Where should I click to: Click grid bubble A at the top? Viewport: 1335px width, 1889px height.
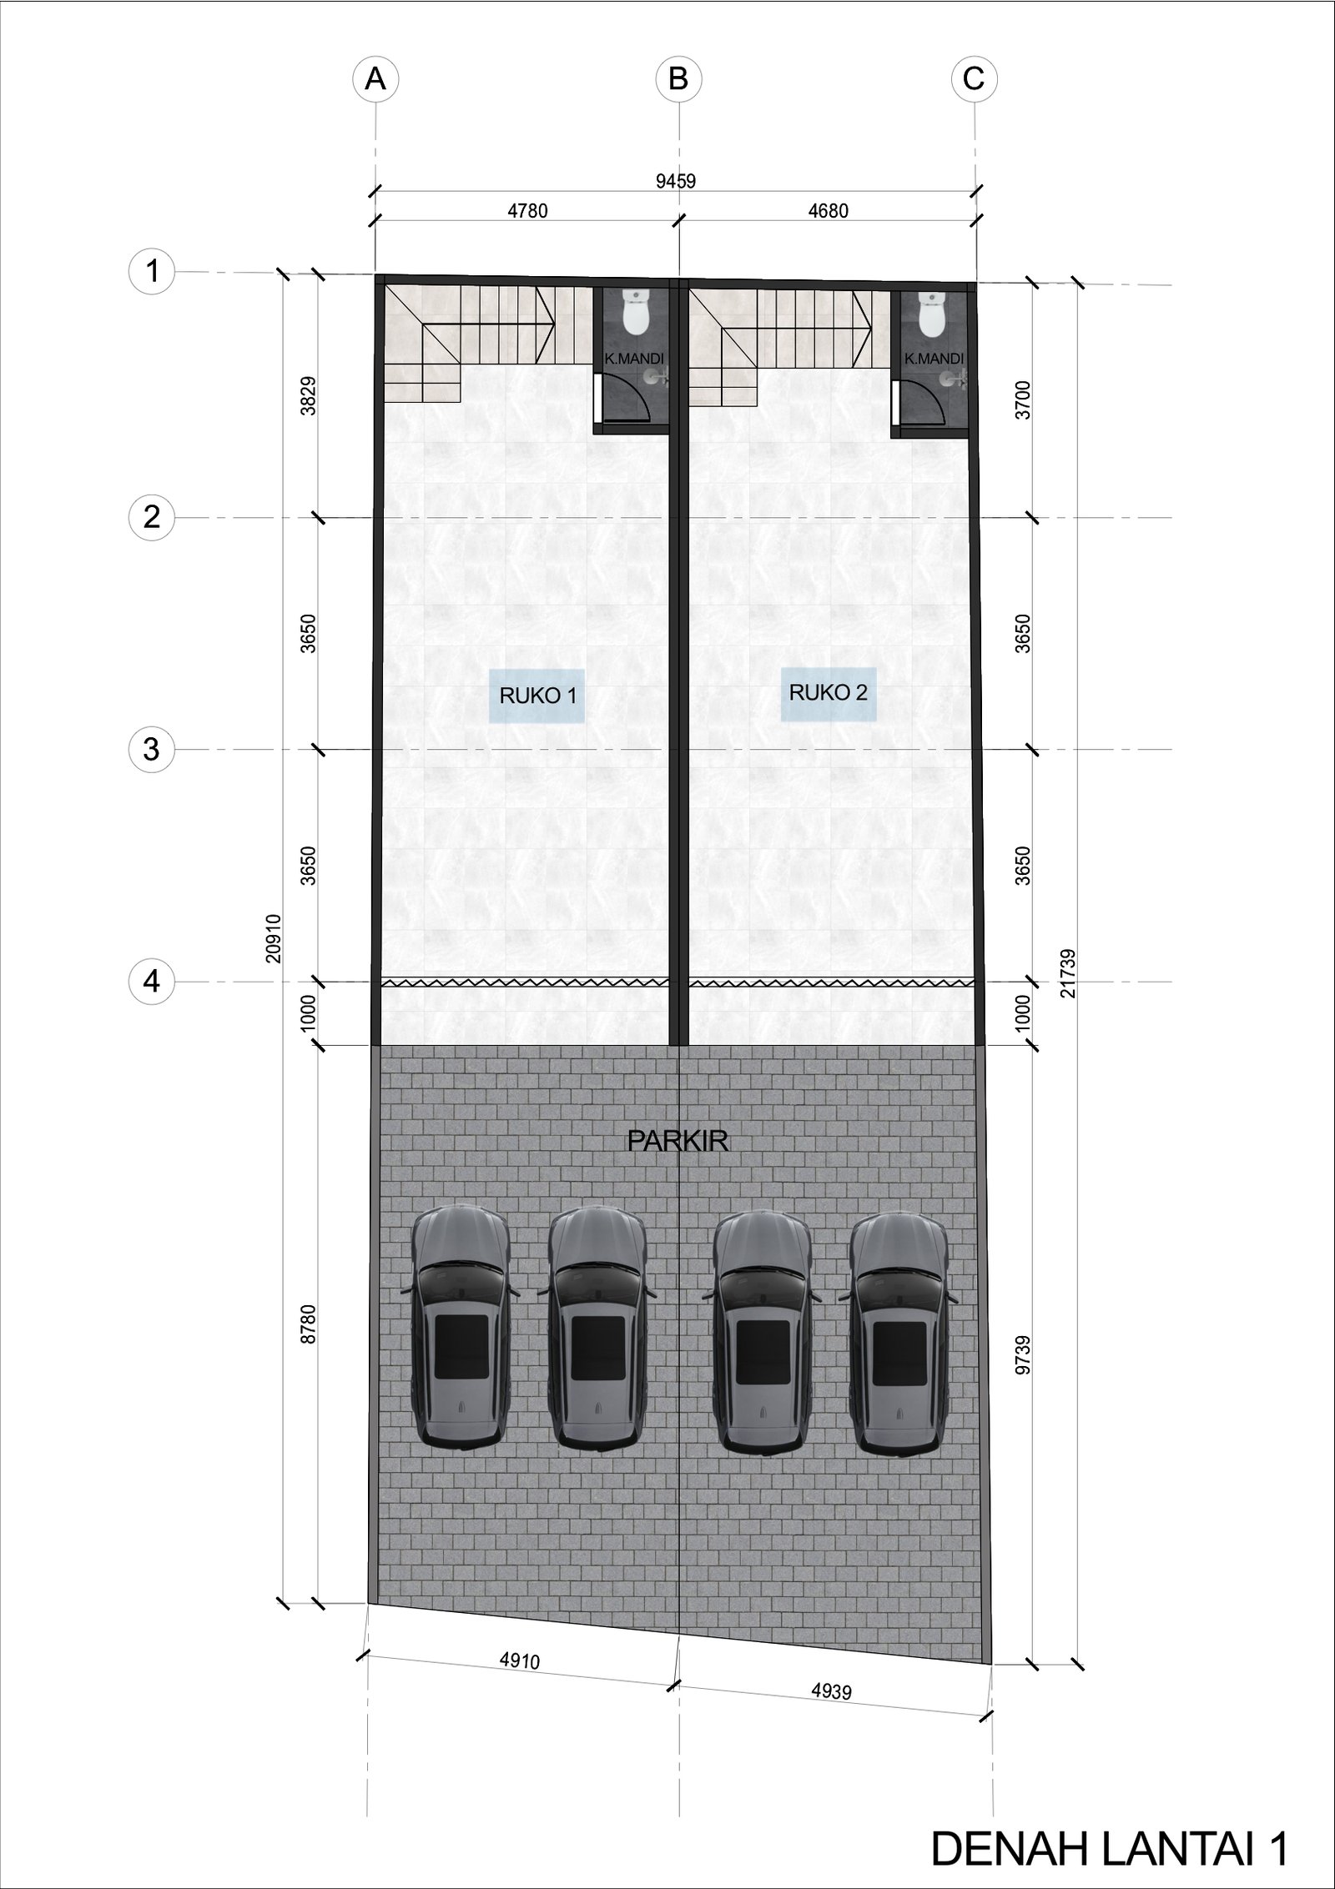click(375, 79)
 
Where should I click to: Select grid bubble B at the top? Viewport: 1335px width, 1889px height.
click(678, 79)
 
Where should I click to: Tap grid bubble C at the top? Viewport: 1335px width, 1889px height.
click(974, 79)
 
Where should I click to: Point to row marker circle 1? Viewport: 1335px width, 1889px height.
click(152, 272)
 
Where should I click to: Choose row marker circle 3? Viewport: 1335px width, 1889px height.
click(152, 750)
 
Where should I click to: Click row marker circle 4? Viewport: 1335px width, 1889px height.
click(152, 982)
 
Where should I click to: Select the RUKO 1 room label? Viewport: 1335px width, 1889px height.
click(537, 695)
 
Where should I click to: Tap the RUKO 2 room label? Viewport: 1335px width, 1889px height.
click(829, 692)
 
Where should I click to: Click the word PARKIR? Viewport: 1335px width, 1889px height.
click(678, 1141)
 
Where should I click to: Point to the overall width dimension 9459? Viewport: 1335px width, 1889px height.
click(676, 181)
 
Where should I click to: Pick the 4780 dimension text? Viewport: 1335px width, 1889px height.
click(527, 211)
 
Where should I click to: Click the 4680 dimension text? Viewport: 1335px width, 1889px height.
click(828, 211)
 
